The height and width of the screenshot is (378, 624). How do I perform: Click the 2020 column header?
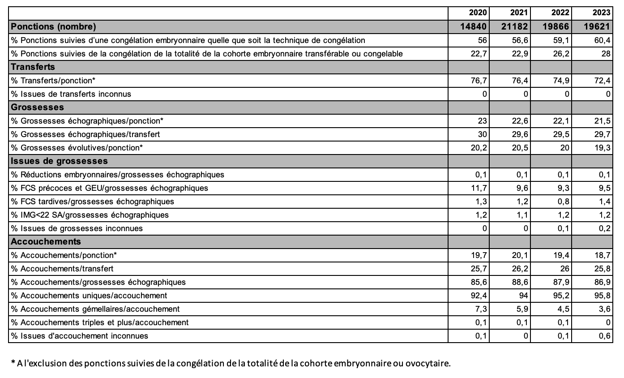pyautogui.click(x=477, y=13)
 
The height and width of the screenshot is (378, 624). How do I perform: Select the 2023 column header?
pyautogui.click(x=601, y=13)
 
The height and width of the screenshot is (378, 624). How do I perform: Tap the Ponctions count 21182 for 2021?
pyautogui.click(x=516, y=26)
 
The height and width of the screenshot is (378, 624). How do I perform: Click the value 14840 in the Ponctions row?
pyautogui.click(x=474, y=26)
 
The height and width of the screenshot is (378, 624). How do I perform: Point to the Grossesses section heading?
pyautogui.click(x=37, y=107)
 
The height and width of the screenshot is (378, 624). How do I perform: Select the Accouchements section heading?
pyautogui.click(x=46, y=241)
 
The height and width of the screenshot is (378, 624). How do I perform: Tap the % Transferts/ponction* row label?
pyautogui.click(x=53, y=80)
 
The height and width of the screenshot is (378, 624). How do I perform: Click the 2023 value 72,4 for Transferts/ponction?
pyautogui.click(x=603, y=80)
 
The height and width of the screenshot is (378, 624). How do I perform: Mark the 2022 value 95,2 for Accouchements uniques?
pyautogui.click(x=562, y=295)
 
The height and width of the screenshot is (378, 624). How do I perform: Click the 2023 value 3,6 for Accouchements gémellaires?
pyautogui.click(x=605, y=309)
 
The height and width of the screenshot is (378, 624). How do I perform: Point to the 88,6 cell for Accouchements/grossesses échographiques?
pyautogui.click(x=520, y=282)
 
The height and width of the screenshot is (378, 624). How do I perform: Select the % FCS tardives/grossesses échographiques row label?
pyautogui.click(x=93, y=201)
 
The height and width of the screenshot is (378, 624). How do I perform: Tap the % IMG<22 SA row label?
pyautogui.click(x=90, y=215)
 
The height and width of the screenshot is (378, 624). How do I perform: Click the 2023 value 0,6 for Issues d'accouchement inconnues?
pyautogui.click(x=605, y=335)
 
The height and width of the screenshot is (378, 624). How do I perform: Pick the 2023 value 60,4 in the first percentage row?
pyautogui.click(x=603, y=40)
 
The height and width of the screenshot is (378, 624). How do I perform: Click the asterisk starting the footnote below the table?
pyautogui.click(x=13, y=362)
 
